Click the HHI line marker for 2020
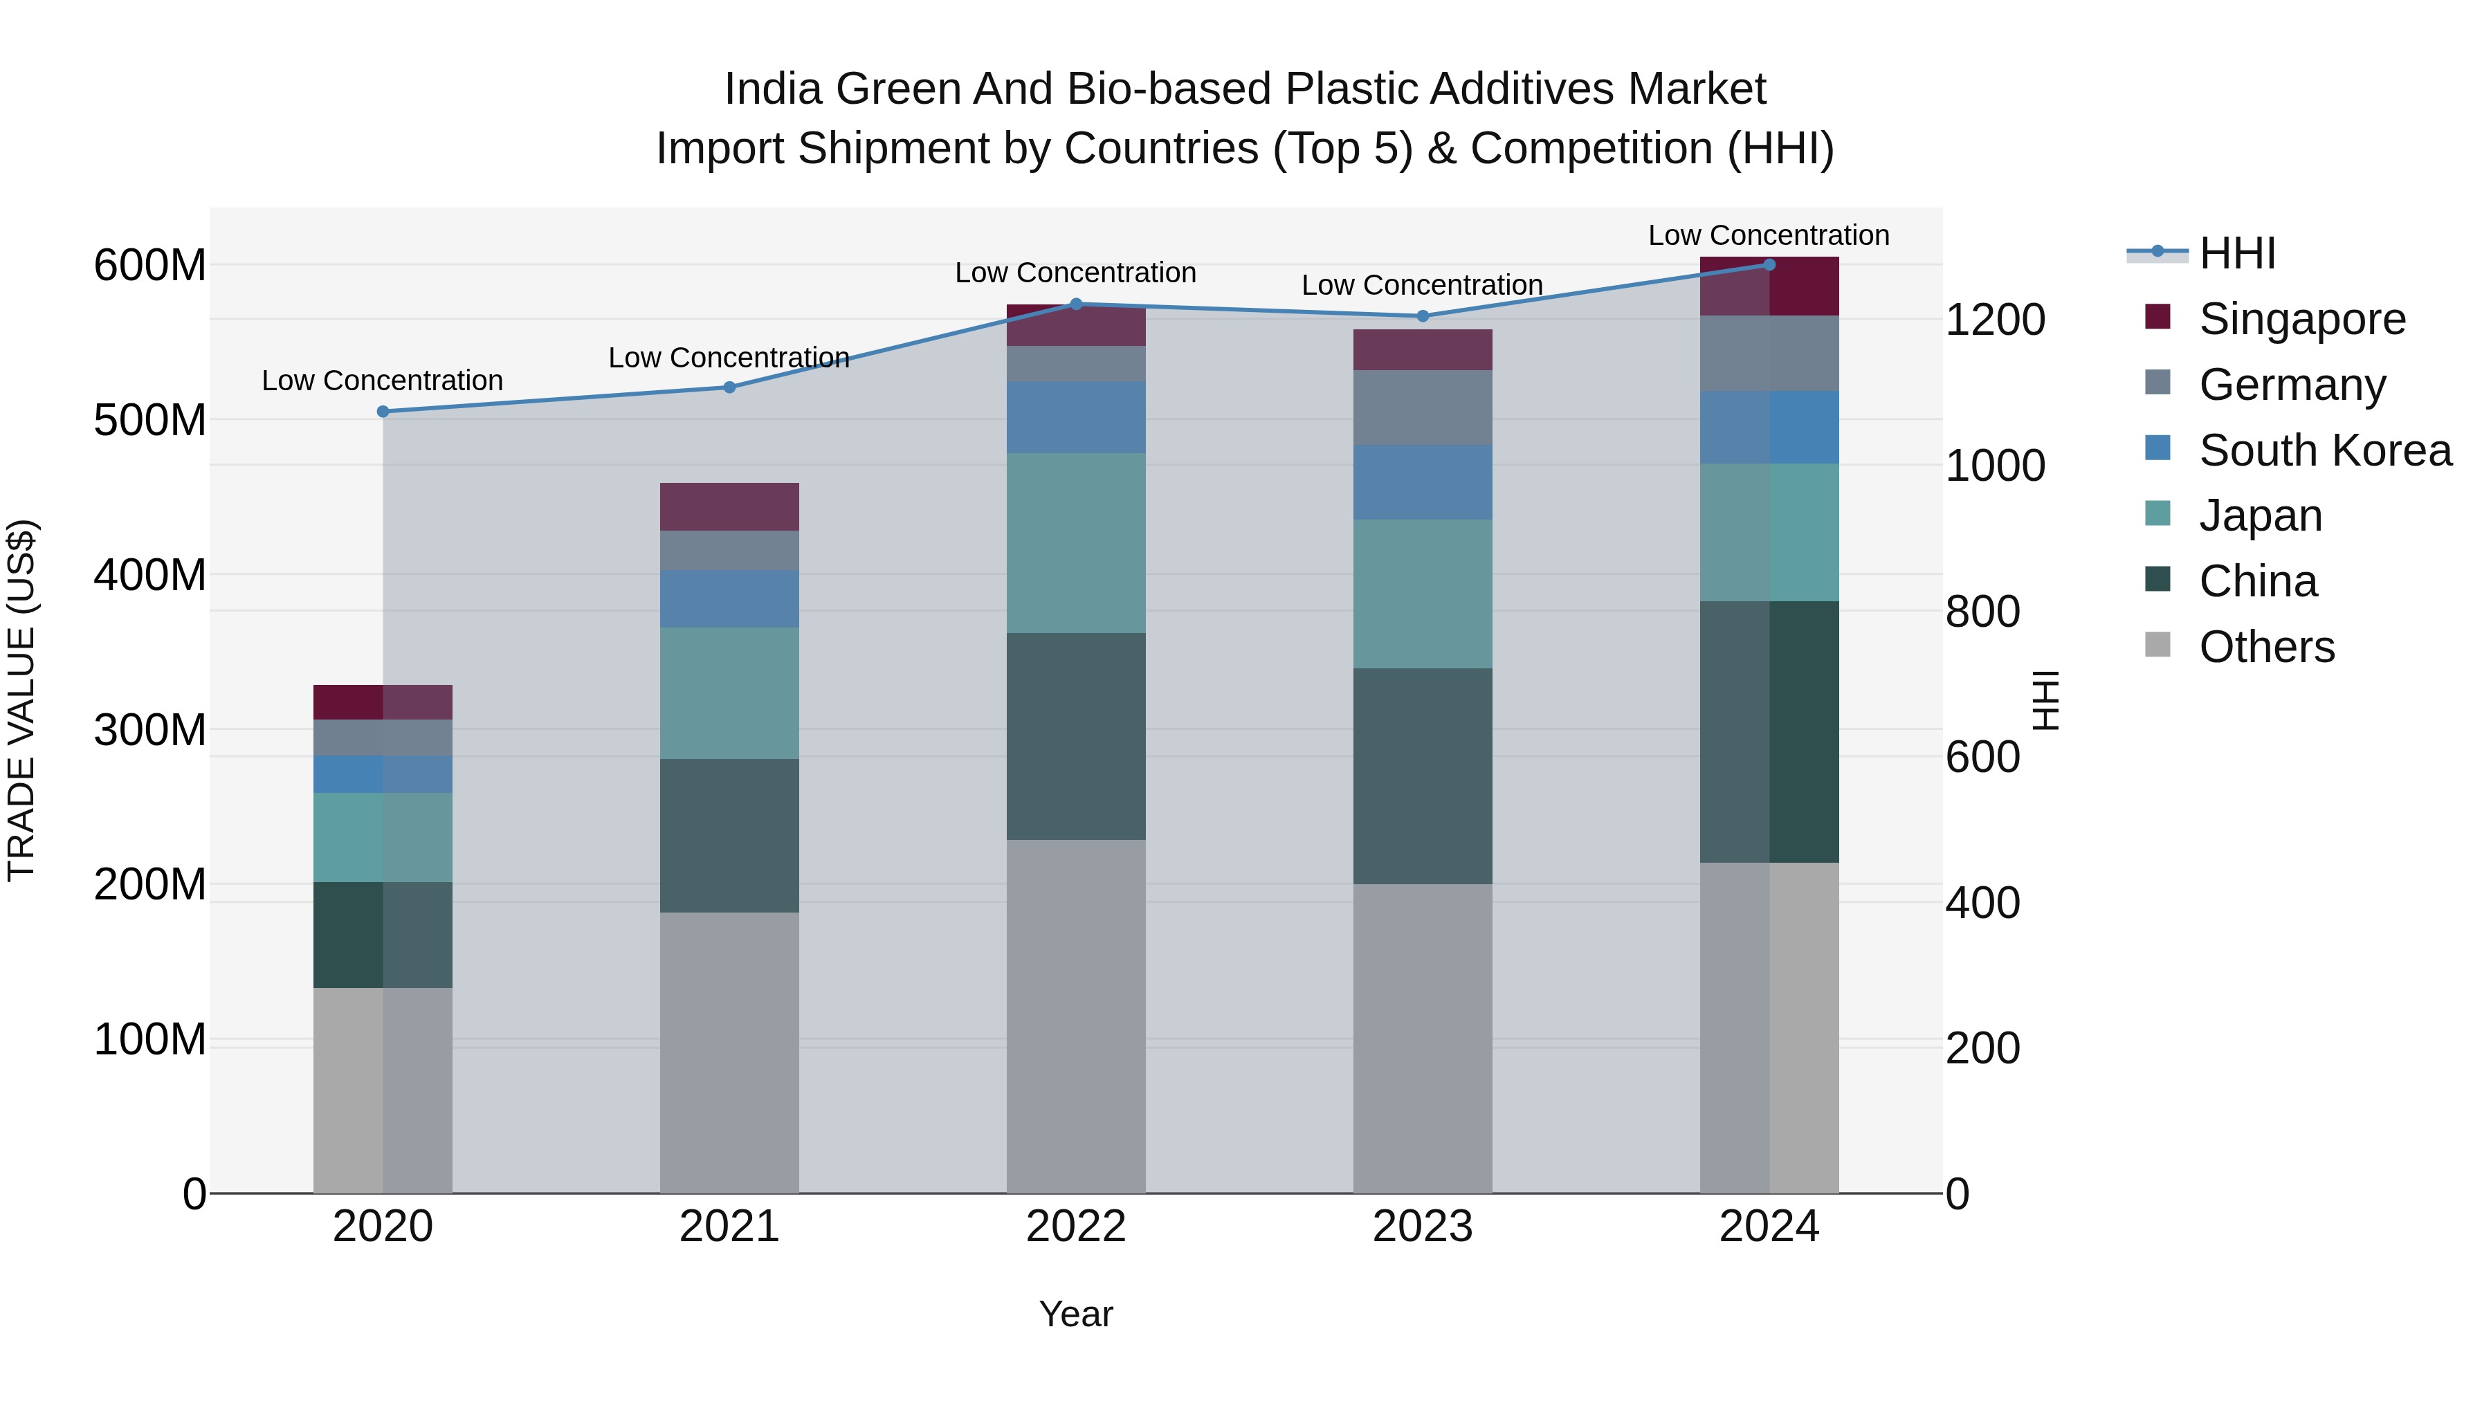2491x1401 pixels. click(383, 412)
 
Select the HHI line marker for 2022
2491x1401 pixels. click(1076, 304)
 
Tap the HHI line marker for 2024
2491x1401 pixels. click(1769, 265)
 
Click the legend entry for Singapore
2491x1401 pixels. click(2301, 319)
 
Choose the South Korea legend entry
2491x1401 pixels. click(2325, 450)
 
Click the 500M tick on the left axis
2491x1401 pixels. click(150, 421)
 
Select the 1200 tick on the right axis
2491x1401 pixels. click(1995, 320)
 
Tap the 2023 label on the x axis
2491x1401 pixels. click(1423, 1227)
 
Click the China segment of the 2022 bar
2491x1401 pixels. click(1076, 737)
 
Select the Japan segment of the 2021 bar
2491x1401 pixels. click(729, 693)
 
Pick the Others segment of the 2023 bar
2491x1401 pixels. click(1423, 1038)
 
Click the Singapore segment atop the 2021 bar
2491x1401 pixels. click(729, 506)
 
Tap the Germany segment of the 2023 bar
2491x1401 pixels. click(1423, 408)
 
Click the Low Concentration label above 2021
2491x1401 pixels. click(729, 358)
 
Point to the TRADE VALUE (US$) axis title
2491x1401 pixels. click(21, 700)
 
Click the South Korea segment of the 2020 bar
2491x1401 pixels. click(383, 774)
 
